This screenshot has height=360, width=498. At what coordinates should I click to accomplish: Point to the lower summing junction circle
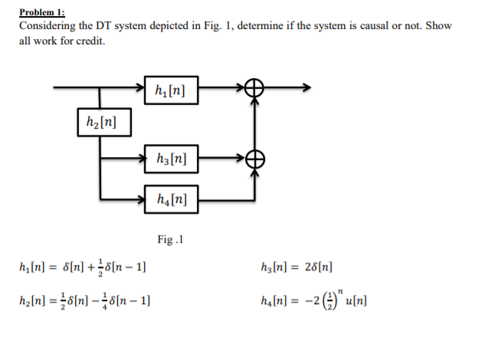(254, 159)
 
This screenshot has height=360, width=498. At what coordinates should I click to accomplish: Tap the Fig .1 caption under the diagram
(169, 240)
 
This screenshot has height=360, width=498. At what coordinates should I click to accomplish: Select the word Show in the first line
(439, 26)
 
